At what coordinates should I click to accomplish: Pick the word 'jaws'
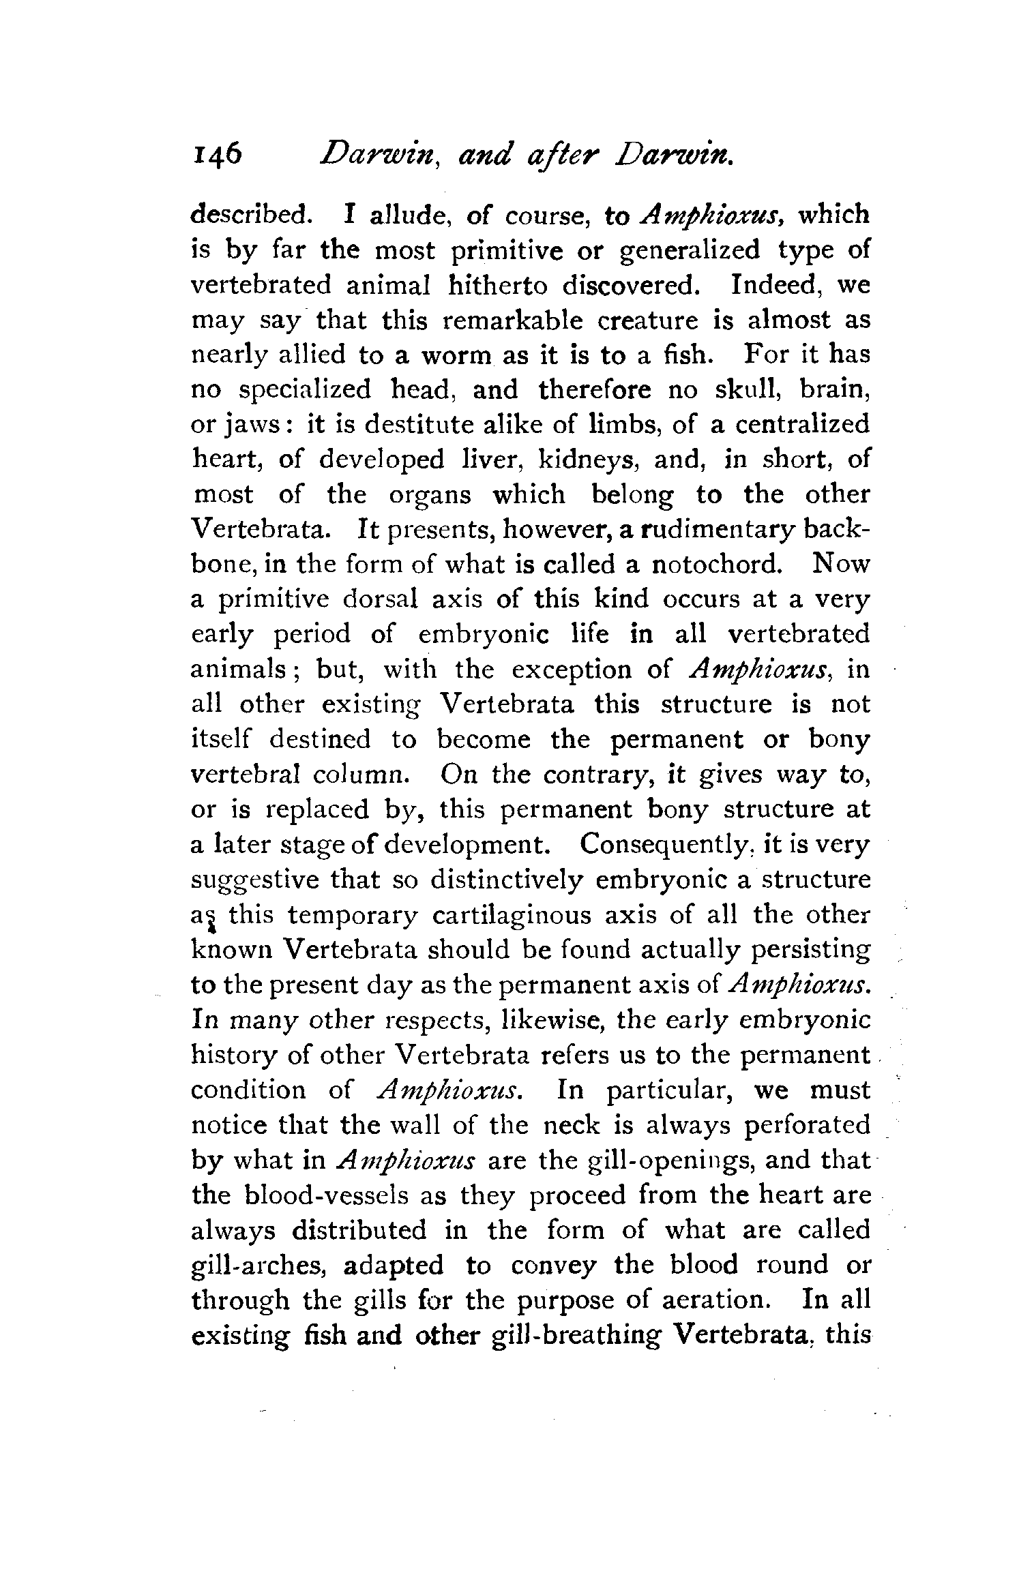[x=248, y=425]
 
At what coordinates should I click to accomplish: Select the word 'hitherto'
[x=498, y=284]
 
